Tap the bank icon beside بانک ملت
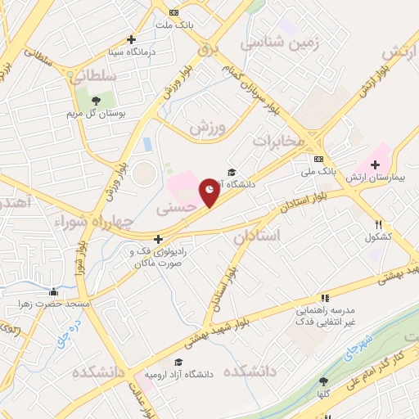click(173, 12)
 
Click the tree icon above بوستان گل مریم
click(96, 100)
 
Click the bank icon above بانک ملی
click(319, 159)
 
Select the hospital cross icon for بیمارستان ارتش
click(375, 164)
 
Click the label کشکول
click(378, 237)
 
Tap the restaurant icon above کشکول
click(378, 223)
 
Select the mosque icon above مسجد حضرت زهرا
click(54, 291)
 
